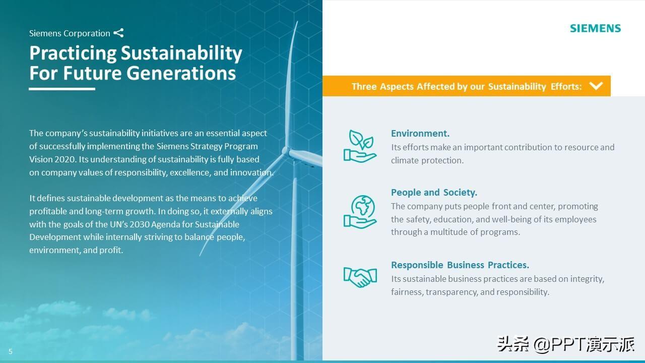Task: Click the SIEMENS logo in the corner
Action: tap(595, 28)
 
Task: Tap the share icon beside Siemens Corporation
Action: tap(118, 33)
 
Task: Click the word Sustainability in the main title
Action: tap(181, 53)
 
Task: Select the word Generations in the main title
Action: tap(181, 73)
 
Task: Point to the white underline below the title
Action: tap(62, 89)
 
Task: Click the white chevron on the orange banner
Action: tap(596, 86)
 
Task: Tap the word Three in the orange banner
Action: tap(364, 86)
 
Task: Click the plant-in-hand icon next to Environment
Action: tap(360, 146)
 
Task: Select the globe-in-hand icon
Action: tap(360, 212)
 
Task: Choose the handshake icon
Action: tap(360, 277)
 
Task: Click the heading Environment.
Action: tap(420, 134)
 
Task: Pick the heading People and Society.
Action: tap(434, 193)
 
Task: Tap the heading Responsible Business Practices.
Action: tap(460, 265)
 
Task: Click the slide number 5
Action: tap(11, 351)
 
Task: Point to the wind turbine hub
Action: tap(286, 151)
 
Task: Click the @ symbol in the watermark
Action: tap(541, 344)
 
